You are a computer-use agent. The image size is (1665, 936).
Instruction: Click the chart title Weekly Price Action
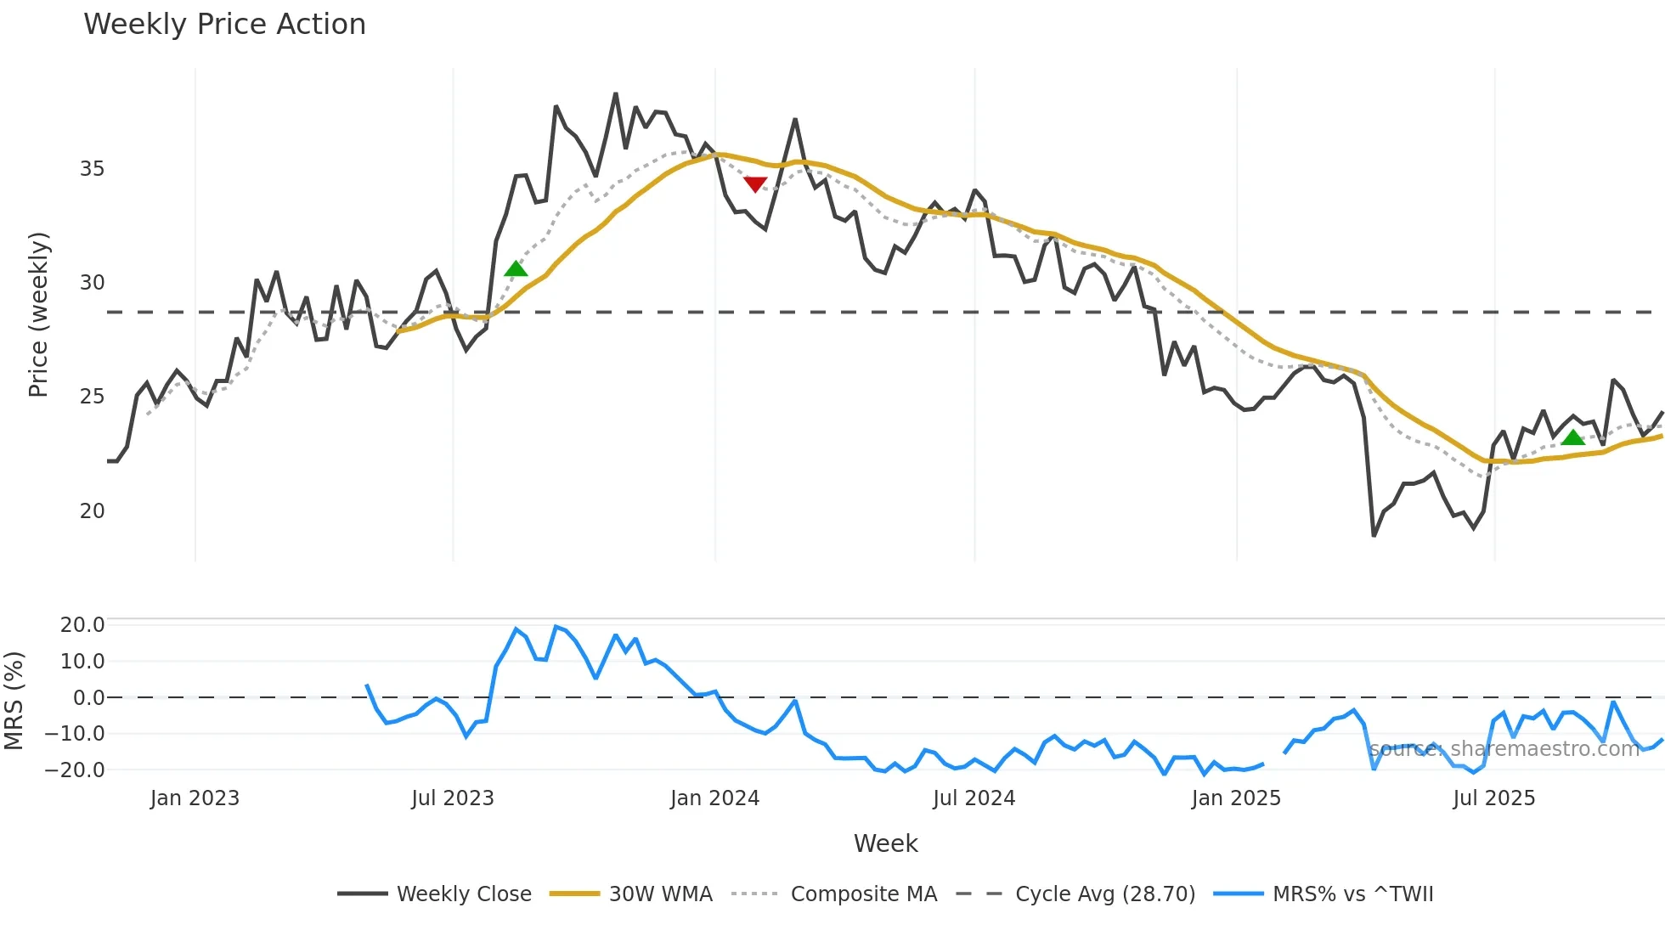[x=224, y=25]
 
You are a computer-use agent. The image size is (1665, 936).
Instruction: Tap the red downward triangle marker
[x=755, y=183]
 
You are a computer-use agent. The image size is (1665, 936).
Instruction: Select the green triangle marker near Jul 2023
[x=516, y=269]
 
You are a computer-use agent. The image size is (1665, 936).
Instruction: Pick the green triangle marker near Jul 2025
[x=1573, y=437]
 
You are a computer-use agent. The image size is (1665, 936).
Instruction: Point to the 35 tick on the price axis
[x=92, y=169]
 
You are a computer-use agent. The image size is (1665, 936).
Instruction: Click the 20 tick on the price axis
[x=92, y=510]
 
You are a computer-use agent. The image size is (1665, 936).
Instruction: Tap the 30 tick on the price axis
[x=92, y=283]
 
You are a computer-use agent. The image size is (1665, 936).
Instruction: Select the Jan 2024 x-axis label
[x=714, y=798]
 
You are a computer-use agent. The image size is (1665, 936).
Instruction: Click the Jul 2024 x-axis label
[x=974, y=798]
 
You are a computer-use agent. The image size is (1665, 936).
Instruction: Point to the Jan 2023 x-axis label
[x=195, y=798]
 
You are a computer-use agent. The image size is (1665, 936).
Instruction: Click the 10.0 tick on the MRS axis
[x=82, y=661]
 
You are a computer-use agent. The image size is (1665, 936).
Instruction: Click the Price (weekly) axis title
[x=39, y=314]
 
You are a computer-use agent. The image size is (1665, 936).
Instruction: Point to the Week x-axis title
[x=885, y=843]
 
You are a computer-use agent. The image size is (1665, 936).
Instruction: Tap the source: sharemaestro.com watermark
[x=1504, y=749]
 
